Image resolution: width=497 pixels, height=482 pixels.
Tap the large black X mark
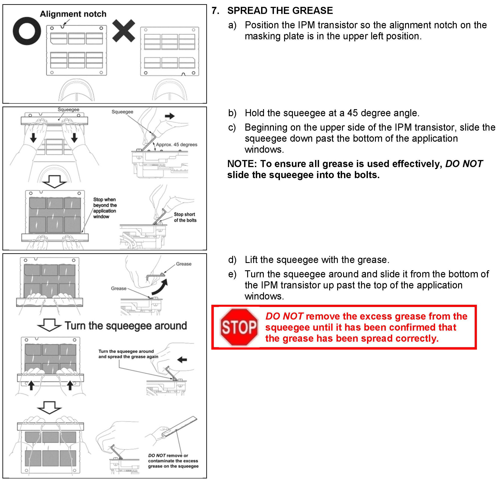pyautogui.click(x=124, y=31)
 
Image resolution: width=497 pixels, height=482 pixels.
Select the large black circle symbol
pyautogui.click(x=27, y=31)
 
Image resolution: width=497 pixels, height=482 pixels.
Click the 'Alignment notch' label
pyautogui.click(x=73, y=14)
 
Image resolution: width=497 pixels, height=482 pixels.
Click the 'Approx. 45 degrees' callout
pyautogui.click(x=176, y=145)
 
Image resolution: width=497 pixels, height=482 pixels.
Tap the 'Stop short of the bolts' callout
pyautogui.click(x=185, y=217)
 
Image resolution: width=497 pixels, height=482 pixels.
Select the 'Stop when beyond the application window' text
pyautogui.click(x=105, y=208)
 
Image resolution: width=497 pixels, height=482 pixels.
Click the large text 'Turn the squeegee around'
pyautogui.click(x=126, y=325)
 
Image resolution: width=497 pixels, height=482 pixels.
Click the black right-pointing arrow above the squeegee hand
pyautogui.click(x=170, y=116)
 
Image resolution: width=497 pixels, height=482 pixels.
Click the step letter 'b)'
pyautogui.click(x=232, y=113)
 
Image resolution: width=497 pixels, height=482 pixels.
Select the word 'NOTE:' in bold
pyautogui.click(x=242, y=164)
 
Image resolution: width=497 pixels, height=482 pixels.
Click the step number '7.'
pyautogui.click(x=215, y=11)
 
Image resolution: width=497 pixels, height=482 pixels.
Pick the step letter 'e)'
pyautogui.click(x=232, y=274)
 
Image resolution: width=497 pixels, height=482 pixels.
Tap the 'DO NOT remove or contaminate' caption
pyautogui.click(x=173, y=461)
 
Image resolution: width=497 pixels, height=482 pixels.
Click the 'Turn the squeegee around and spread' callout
pyautogui.click(x=128, y=354)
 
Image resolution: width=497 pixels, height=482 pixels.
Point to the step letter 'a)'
pyautogui.click(x=232, y=25)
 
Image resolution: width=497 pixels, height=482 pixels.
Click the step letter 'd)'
pyautogui.click(x=232, y=260)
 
